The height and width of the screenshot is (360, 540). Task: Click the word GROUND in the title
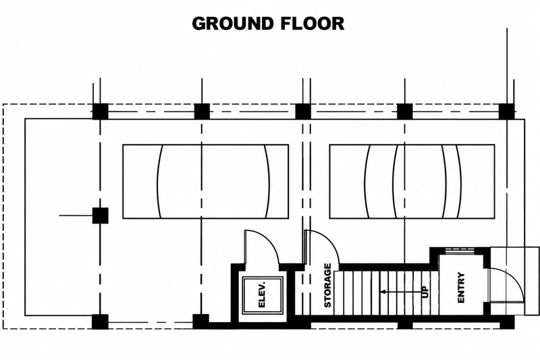tap(233, 24)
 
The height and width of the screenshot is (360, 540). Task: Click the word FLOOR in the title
tap(313, 24)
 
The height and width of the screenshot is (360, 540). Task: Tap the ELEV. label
tap(262, 295)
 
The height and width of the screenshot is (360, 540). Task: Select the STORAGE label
tap(327, 285)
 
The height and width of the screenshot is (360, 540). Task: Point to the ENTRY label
tap(461, 288)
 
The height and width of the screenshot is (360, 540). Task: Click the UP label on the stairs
tap(425, 292)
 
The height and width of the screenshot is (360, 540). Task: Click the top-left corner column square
tap(100, 111)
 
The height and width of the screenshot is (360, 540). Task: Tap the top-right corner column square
tap(507, 111)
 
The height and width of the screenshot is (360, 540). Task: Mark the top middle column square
tap(303, 111)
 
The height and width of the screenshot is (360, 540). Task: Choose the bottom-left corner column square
tap(100, 322)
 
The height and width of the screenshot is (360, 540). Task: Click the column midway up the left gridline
tap(100, 215)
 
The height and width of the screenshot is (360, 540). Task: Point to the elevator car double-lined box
tap(263, 295)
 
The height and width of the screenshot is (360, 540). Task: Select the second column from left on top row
tap(202, 111)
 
